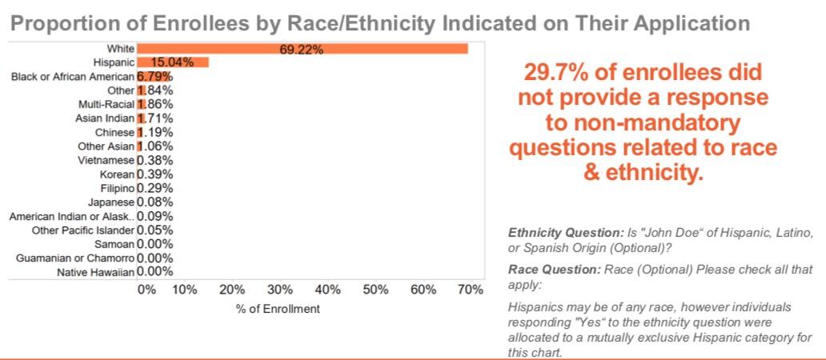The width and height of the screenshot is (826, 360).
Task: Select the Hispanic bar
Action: click(172, 62)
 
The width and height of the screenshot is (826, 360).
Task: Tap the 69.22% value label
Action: click(302, 50)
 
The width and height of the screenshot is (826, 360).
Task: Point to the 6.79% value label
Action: click(155, 77)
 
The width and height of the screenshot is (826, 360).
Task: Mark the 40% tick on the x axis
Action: click(327, 290)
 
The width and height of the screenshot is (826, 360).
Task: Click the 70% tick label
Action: click(471, 290)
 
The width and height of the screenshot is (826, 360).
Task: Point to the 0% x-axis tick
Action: click(147, 290)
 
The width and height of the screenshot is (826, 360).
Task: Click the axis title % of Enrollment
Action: click(278, 309)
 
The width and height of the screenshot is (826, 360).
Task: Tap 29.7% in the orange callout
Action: click(558, 74)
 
